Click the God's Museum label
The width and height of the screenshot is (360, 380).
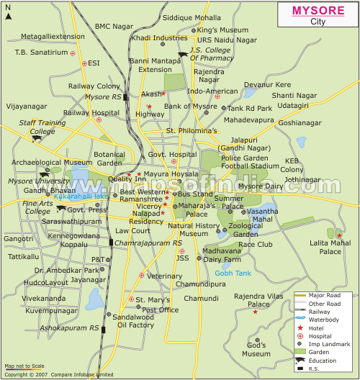[256, 349]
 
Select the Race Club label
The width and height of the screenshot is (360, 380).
[255, 244]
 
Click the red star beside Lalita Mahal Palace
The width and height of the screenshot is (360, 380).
[339, 235]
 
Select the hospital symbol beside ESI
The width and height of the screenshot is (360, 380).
[84, 63]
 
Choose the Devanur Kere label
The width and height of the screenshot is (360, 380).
[267, 84]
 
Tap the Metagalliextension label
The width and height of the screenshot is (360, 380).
[52, 36]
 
